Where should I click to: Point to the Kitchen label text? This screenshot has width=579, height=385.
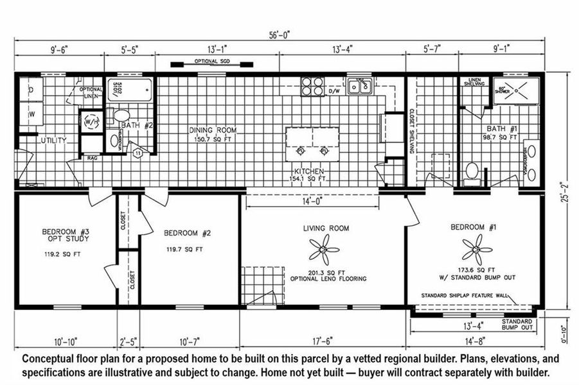coord(308,171)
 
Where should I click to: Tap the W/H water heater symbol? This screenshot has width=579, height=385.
coord(89,120)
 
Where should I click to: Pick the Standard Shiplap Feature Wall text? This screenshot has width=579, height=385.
coord(464,296)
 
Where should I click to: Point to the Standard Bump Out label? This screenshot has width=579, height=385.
coord(517,324)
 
